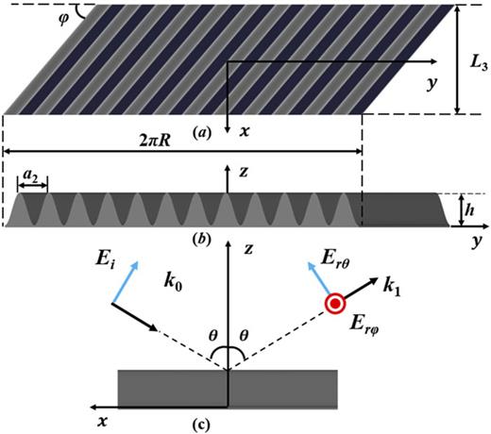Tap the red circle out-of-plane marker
coord(334,303)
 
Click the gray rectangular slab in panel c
coord(227,387)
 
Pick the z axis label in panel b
coord(245,172)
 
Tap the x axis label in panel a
coord(243,133)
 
